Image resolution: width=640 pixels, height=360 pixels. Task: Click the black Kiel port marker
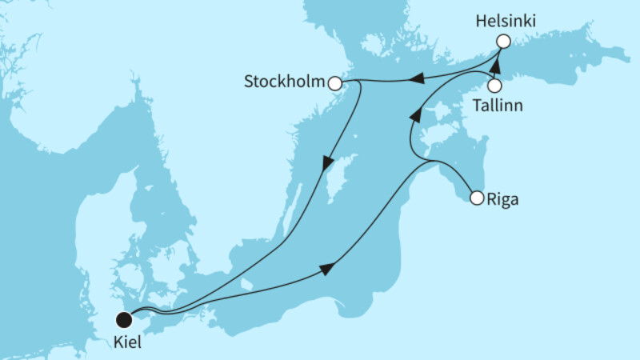pyautogui.click(x=124, y=320)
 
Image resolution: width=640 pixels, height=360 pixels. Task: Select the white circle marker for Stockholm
pyautogui.click(x=335, y=83)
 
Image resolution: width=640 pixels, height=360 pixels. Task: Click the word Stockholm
pyautogui.click(x=286, y=82)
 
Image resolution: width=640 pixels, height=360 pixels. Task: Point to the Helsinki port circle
pyautogui.click(x=502, y=42)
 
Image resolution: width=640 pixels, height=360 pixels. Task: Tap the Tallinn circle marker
pyautogui.click(x=495, y=85)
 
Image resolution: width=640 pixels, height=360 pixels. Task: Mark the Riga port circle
pyautogui.click(x=476, y=198)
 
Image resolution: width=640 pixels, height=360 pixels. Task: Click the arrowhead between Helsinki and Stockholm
pyautogui.click(x=417, y=78)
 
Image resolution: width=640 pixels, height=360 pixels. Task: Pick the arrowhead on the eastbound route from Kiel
pyautogui.click(x=326, y=270)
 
